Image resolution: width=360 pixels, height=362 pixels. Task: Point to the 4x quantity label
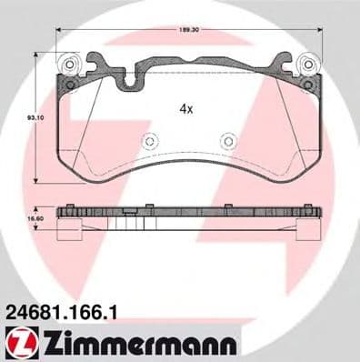point(185,107)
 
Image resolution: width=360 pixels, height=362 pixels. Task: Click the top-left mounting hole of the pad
point(68,65)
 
